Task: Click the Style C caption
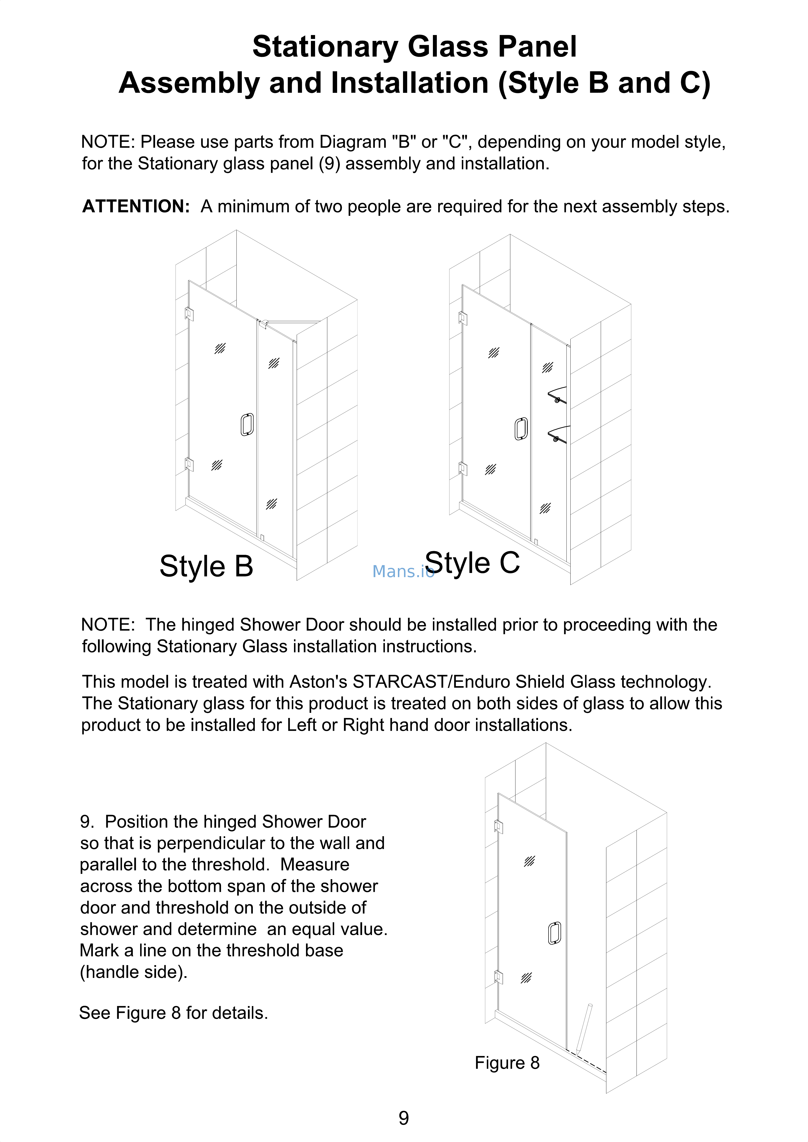473,563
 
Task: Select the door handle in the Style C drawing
521,429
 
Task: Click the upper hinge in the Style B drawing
189,314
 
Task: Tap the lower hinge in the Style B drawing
189,464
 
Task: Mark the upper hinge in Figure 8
499,827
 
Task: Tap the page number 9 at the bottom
404,1118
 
